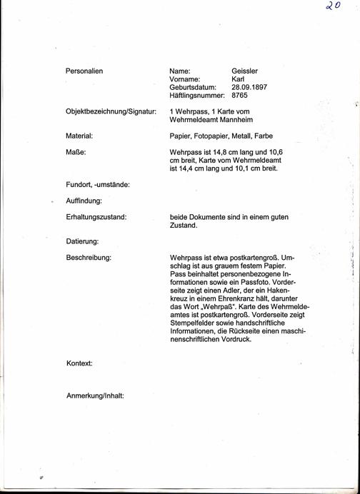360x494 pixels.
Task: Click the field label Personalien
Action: pyautogui.click(x=84, y=71)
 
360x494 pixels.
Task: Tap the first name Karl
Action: pyautogui.click(x=239, y=79)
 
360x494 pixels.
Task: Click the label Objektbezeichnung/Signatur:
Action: pyautogui.click(x=111, y=111)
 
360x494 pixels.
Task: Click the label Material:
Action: pyautogui.click(x=80, y=135)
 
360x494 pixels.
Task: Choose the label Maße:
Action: pyautogui.click(x=76, y=151)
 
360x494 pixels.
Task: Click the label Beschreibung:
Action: pyautogui.click(x=88, y=256)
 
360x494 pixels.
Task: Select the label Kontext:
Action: pyautogui.click(x=79, y=363)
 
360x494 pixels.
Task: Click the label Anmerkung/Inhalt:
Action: pyautogui.click(x=95, y=394)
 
